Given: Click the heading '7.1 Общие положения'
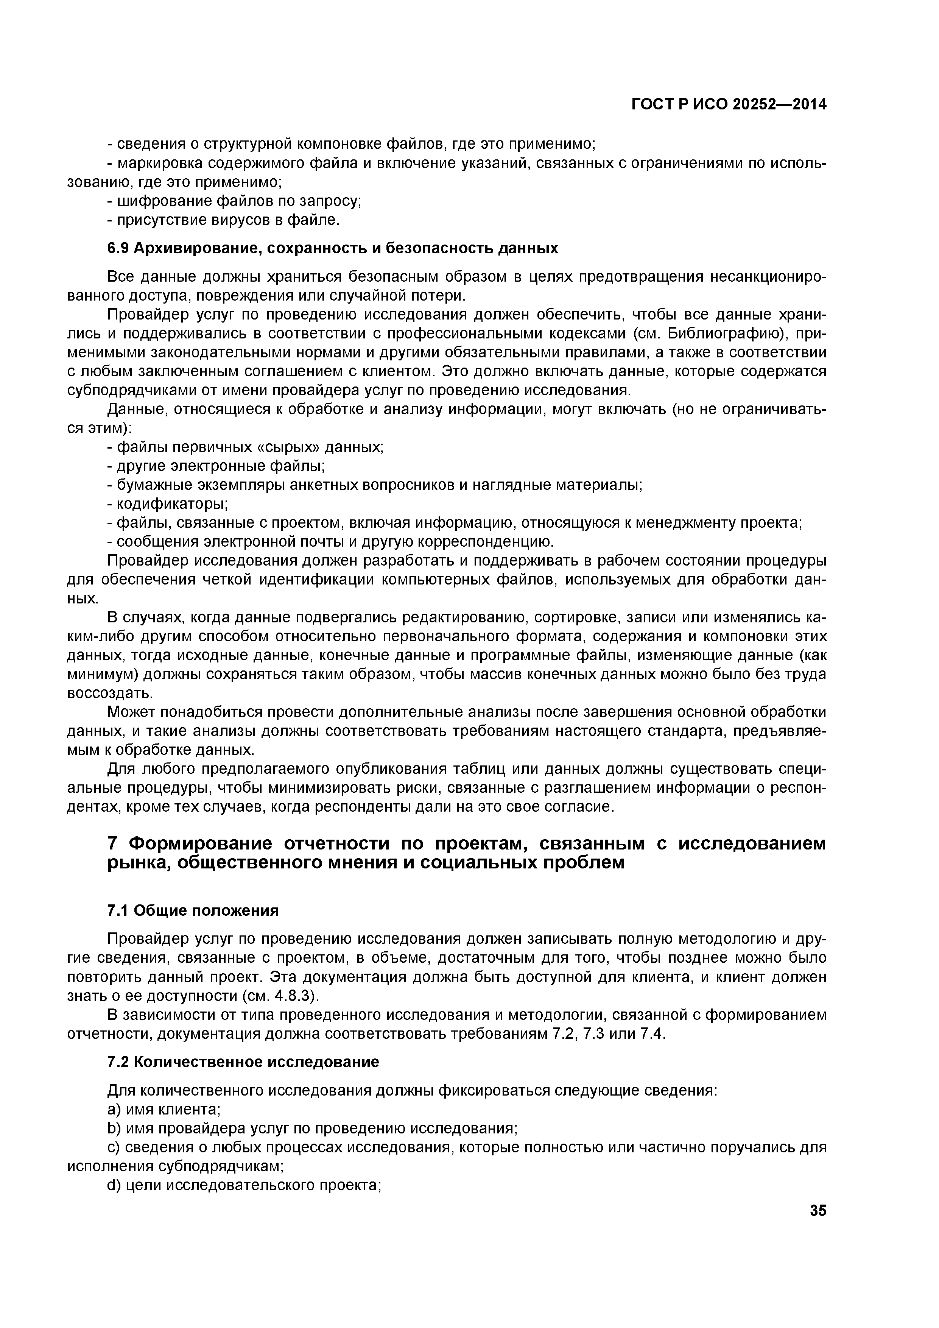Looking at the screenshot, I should click(x=193, y=911).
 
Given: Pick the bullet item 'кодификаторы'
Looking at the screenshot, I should click(x=172, y=504).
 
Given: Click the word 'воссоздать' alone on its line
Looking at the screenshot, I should click(x=102, y=693).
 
